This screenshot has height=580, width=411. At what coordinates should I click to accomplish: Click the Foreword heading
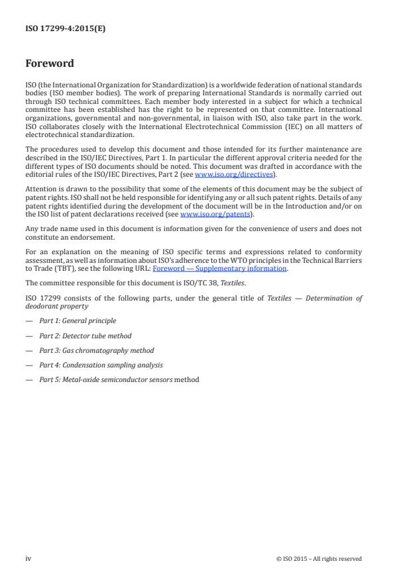click(x=50, y=64)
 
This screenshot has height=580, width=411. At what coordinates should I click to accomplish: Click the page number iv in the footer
click(x=29, y=558)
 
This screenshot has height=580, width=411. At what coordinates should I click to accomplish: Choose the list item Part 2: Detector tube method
click(x=85, y=336)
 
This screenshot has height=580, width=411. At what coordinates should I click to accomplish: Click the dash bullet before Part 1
click(x=29, y=320)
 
